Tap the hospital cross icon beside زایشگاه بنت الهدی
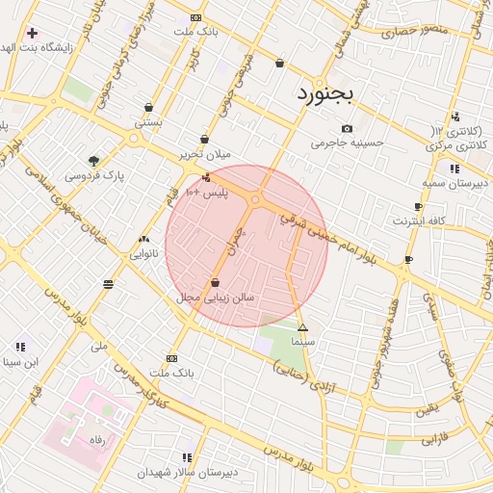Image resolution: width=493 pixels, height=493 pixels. coord(32,33)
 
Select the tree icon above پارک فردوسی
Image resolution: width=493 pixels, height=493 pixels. coord(93,161)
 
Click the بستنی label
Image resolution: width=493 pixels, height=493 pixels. coord(148,122)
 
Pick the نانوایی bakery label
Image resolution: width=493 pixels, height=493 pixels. coord(145,254)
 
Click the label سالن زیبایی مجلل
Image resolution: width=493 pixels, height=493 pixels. coord(215,298)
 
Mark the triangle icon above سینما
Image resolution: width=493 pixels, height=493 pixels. coord(302,327)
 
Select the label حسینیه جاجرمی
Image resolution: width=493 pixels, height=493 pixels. coord(347,143)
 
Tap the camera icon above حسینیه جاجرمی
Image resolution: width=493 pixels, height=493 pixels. coord(347,128)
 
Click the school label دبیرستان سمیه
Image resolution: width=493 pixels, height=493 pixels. coord(455,182)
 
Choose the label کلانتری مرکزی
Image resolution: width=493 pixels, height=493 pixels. coord(455,144)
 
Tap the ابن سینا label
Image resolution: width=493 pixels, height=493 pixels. coord(20,362)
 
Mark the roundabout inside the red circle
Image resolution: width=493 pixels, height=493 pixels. coord(256,200)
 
